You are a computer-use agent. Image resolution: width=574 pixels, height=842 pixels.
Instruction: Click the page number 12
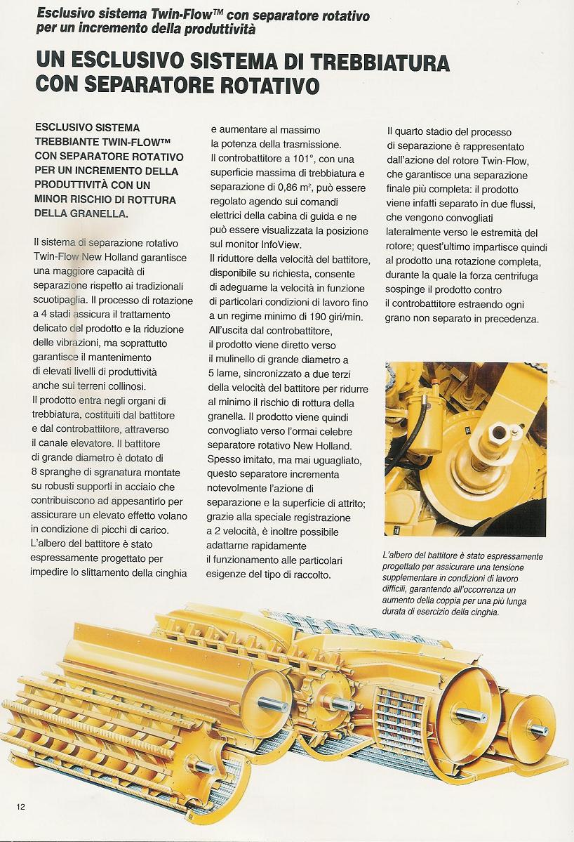20,806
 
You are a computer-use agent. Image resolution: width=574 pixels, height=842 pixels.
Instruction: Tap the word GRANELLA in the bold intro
98,213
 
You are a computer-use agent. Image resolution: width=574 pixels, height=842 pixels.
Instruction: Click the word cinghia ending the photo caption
481,612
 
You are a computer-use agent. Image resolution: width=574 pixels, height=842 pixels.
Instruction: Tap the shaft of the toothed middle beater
342,704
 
